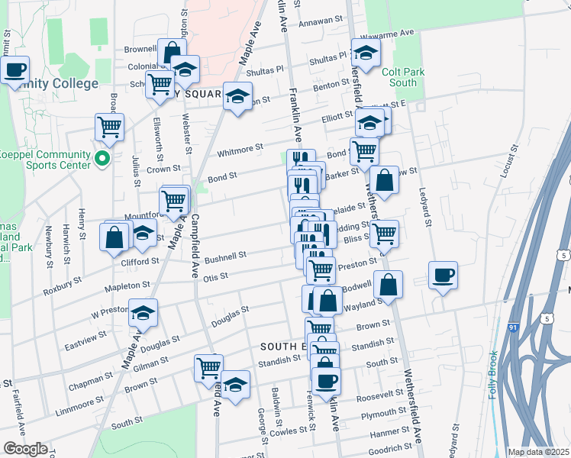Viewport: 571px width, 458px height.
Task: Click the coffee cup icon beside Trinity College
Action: pyautogui.click(x=15, y=71)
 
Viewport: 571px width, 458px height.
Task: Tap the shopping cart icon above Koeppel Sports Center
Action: pyautogui.click(x=110, y=127)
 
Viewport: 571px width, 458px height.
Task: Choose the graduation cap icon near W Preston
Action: pyautogui.click(x=143, y=311)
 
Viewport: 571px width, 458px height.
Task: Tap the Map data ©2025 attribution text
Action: pyautogui.click(x=538, y=452)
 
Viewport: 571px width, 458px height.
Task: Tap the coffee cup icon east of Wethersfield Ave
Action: pyautogui.click(x=443, y=276)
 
